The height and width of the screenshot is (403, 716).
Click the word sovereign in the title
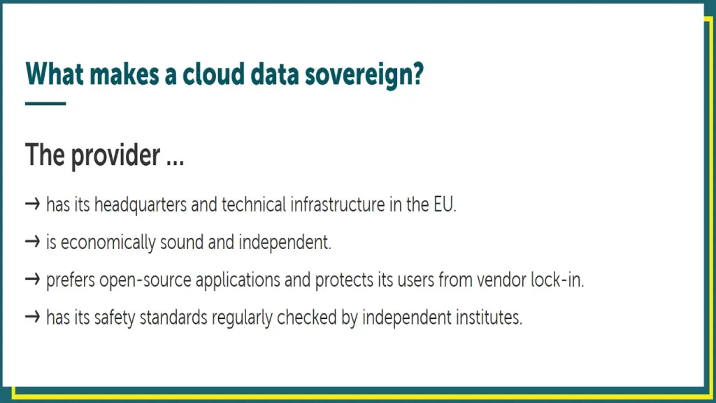tap(364, 74)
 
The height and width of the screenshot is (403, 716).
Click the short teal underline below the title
tap(45, 104)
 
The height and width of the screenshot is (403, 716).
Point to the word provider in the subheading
tap(115, 156)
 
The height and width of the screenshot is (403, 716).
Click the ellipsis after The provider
tap(176, 163)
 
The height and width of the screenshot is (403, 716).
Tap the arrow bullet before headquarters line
tap(32, 204)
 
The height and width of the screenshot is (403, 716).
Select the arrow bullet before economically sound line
tap(32, 241)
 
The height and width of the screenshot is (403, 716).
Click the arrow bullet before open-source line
tap(32, 279)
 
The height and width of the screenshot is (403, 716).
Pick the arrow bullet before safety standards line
tap(32, 317)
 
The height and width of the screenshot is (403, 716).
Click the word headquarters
tap(141, 205)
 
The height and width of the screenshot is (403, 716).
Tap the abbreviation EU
tap(443, 205)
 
